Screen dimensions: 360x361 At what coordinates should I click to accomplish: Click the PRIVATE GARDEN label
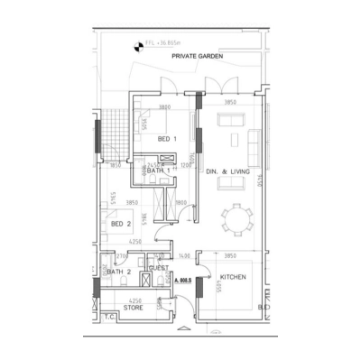(198, 55)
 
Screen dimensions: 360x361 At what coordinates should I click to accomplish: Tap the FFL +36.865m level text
(162, 42)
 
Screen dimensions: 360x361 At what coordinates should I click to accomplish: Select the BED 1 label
(166, 138)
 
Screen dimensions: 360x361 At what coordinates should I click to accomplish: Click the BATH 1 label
(159, 171)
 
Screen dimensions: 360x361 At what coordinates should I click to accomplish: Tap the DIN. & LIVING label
(227, 171)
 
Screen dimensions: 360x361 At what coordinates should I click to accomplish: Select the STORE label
(134, 308)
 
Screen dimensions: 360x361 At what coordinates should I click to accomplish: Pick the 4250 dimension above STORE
(134, 300)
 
